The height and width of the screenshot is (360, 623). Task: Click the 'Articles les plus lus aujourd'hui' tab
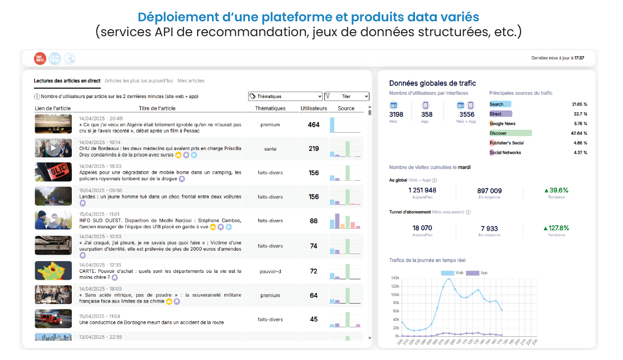tap(139, 81)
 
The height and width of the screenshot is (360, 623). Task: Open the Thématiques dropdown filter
tap(285, 97)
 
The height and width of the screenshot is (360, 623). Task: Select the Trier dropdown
tap(347, 97)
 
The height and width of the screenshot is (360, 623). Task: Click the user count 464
tap(313, 125)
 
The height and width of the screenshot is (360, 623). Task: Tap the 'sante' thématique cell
tap(270, 149)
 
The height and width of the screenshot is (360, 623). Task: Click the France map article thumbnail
tap(53, 270)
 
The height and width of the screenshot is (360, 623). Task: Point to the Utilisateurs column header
tap(313, 108)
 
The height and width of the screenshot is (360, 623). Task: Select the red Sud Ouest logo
tap(40, 58)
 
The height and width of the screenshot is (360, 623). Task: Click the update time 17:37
tap(579, 58)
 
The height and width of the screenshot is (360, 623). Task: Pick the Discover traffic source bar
tap(510, 133)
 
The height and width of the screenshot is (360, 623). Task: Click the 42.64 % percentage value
tap(578, 133)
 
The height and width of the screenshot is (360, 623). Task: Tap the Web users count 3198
tap(396, 114)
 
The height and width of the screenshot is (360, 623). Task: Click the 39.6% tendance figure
tap(556, 190)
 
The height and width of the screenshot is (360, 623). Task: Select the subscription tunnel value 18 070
tap(422, 228)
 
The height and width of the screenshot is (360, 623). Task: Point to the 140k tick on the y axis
tap(395, 278)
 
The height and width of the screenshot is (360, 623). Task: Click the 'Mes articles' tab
tap(191, 81)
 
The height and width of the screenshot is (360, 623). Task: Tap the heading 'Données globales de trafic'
tap(432, 83)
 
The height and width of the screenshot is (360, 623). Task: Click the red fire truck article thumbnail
tap(53, 319)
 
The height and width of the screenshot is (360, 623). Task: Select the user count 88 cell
tap(313, 221)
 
